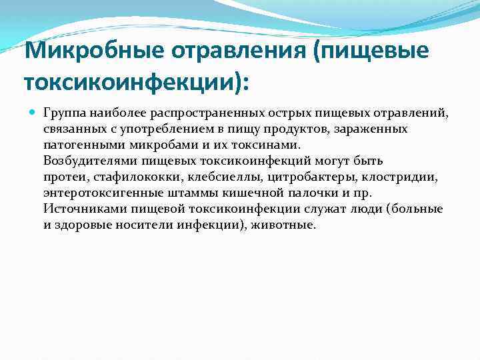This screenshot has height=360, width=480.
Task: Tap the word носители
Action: point(144,225)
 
